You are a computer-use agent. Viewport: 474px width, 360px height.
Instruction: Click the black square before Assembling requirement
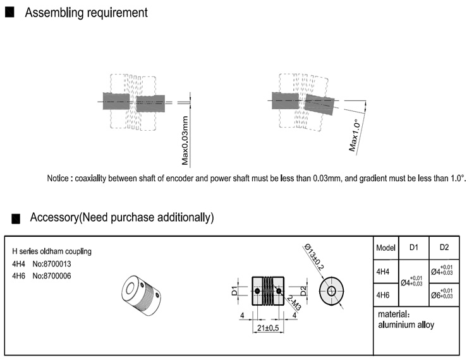pyautogui.click(x=9, y=13)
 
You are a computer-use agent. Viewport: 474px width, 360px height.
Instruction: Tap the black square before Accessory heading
pyautogui.click(x=16, y=218)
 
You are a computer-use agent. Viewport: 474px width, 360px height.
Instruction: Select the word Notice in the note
pyautogui.click(x=61, y=178)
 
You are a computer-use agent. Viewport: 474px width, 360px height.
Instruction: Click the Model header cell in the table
pyautogui.click(x=386, y=248)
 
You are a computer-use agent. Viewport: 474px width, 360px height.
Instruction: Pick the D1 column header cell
pyautogui.click(x=414, y=247)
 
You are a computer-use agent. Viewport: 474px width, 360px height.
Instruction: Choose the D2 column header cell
pyautogui.click(x=444, y=247)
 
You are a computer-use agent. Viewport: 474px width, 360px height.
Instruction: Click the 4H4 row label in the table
pyautogui.click(x=382, y=272)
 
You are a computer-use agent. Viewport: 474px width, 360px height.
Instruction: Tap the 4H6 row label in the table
pyautogui.click(x=382, y=295)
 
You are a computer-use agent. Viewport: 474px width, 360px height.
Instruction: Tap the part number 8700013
pyautogui.click(x=56, y=264)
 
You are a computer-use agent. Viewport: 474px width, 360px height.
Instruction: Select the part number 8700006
pyautogui.click(x=56, y=276)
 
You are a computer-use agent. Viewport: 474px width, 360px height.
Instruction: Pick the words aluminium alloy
pyautogui.click(x=406, y=325)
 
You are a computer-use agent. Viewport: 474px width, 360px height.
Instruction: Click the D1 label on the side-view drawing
pyautogui.click(x=234, y=291)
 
